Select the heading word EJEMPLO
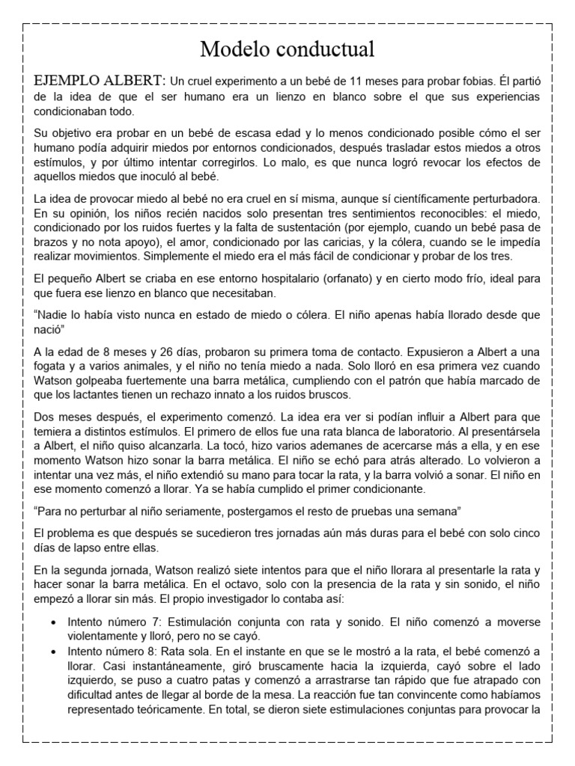click(67, 80)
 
